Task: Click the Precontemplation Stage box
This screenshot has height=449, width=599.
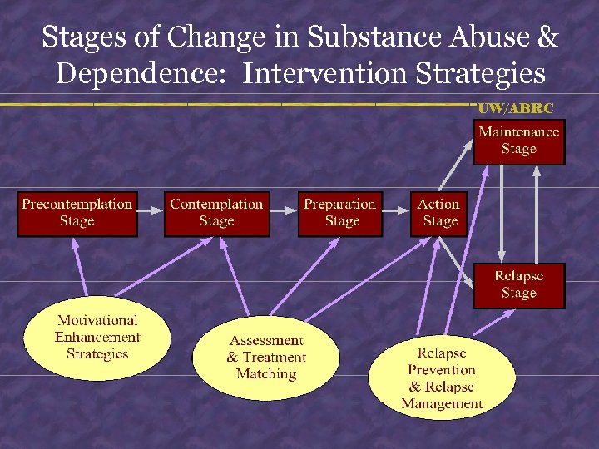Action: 77,213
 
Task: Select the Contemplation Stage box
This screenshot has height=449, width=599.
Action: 216,213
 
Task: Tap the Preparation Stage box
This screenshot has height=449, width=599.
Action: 340,213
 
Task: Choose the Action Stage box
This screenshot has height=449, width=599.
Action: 439,213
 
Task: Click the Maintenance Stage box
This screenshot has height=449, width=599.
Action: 519,141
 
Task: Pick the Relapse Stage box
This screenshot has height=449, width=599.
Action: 519,285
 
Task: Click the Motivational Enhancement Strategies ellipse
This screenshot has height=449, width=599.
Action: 97,338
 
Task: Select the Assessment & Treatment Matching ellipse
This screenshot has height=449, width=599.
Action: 266,358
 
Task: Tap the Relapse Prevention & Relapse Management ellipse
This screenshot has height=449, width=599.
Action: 442,378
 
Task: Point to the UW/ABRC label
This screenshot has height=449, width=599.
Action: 516,108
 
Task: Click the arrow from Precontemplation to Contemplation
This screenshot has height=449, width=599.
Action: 150,212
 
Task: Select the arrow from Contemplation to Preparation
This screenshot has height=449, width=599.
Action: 284,212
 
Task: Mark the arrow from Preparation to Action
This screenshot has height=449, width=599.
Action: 397,212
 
